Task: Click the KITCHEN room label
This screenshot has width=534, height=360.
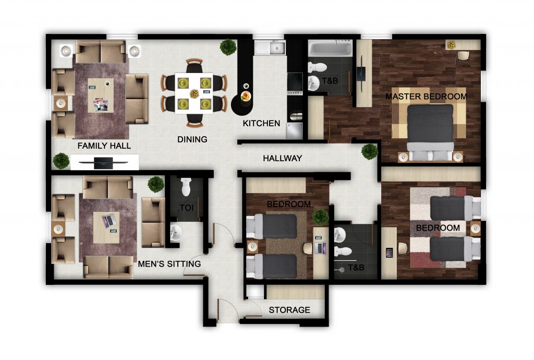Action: tap(261, 123)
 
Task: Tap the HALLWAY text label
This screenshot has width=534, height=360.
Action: tap(282, 159)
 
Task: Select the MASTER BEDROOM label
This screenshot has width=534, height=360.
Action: tap(426, 97)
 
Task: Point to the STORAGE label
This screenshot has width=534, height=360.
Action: tap(289, 310)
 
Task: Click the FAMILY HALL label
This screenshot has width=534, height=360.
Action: tap(104, 146)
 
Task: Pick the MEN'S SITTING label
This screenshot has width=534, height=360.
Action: tap(169, 264)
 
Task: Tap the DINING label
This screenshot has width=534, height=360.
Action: tap(192, 139)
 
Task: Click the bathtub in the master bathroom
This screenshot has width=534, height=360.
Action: tap(330, 48)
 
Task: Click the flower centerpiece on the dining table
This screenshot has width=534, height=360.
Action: tap(195, 93)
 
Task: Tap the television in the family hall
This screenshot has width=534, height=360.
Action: tap(104, 163)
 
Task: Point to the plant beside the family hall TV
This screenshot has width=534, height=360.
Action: tap(62, 161)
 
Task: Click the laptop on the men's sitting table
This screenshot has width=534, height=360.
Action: tap(109, 221)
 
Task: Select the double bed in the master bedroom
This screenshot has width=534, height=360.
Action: tap(430, 132)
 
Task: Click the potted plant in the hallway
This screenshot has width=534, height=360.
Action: tap(370, 151)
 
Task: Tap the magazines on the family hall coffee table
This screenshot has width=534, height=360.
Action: tap(101, 105)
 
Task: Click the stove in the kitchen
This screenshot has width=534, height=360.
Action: tap(295, 84)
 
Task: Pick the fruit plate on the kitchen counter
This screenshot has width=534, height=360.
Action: tap(246, 96)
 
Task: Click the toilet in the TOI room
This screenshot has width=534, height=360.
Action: tap(186, 187)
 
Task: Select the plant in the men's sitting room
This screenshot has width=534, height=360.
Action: tap(156, 184)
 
